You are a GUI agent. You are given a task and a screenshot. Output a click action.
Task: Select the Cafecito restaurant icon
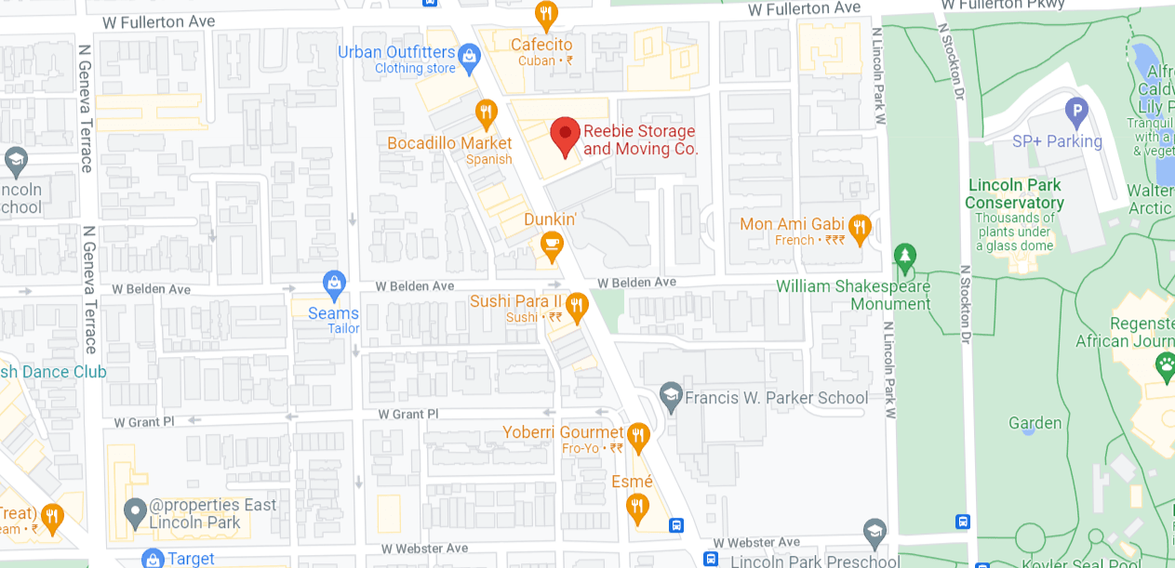546,15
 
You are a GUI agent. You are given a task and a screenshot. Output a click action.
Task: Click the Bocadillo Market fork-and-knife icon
486,114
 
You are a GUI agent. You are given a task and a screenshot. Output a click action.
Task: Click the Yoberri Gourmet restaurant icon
637,434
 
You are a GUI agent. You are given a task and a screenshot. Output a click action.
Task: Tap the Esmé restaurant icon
636,507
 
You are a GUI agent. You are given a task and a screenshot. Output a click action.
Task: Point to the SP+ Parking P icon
1076,112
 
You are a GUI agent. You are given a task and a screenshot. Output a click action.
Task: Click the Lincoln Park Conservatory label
1014,193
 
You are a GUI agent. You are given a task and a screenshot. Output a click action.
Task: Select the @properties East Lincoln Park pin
136,510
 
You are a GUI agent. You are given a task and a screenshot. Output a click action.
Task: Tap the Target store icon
153,559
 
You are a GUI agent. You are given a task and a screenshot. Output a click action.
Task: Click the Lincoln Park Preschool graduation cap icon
874,533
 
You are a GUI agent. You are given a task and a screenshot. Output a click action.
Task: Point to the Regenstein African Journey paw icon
1165,367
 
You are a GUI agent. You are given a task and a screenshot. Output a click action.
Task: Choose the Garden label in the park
1035,423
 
